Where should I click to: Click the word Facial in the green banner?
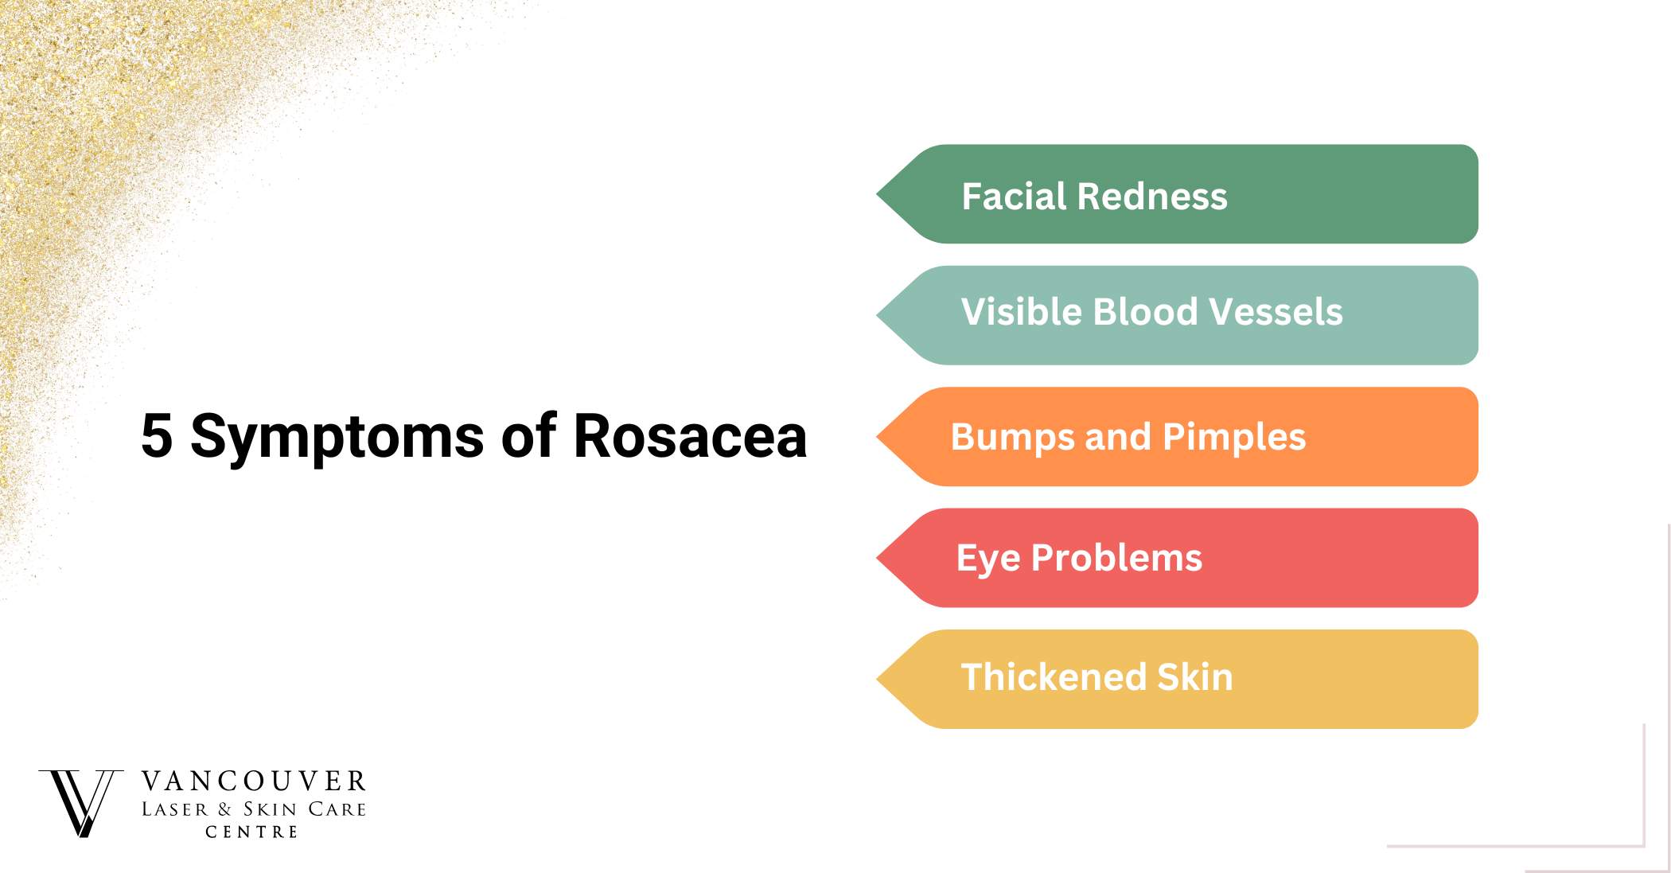1013,196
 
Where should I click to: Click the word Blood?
1146,311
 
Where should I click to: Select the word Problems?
1116,557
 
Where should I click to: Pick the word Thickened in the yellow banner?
1054,676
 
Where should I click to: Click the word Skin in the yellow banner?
1194,676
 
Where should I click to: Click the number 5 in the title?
157,435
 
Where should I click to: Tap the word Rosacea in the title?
690,435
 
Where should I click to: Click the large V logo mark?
81,803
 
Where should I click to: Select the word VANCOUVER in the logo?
254,781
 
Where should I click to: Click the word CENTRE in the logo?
251,832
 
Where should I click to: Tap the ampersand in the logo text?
224,809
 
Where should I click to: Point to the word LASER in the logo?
174,809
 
